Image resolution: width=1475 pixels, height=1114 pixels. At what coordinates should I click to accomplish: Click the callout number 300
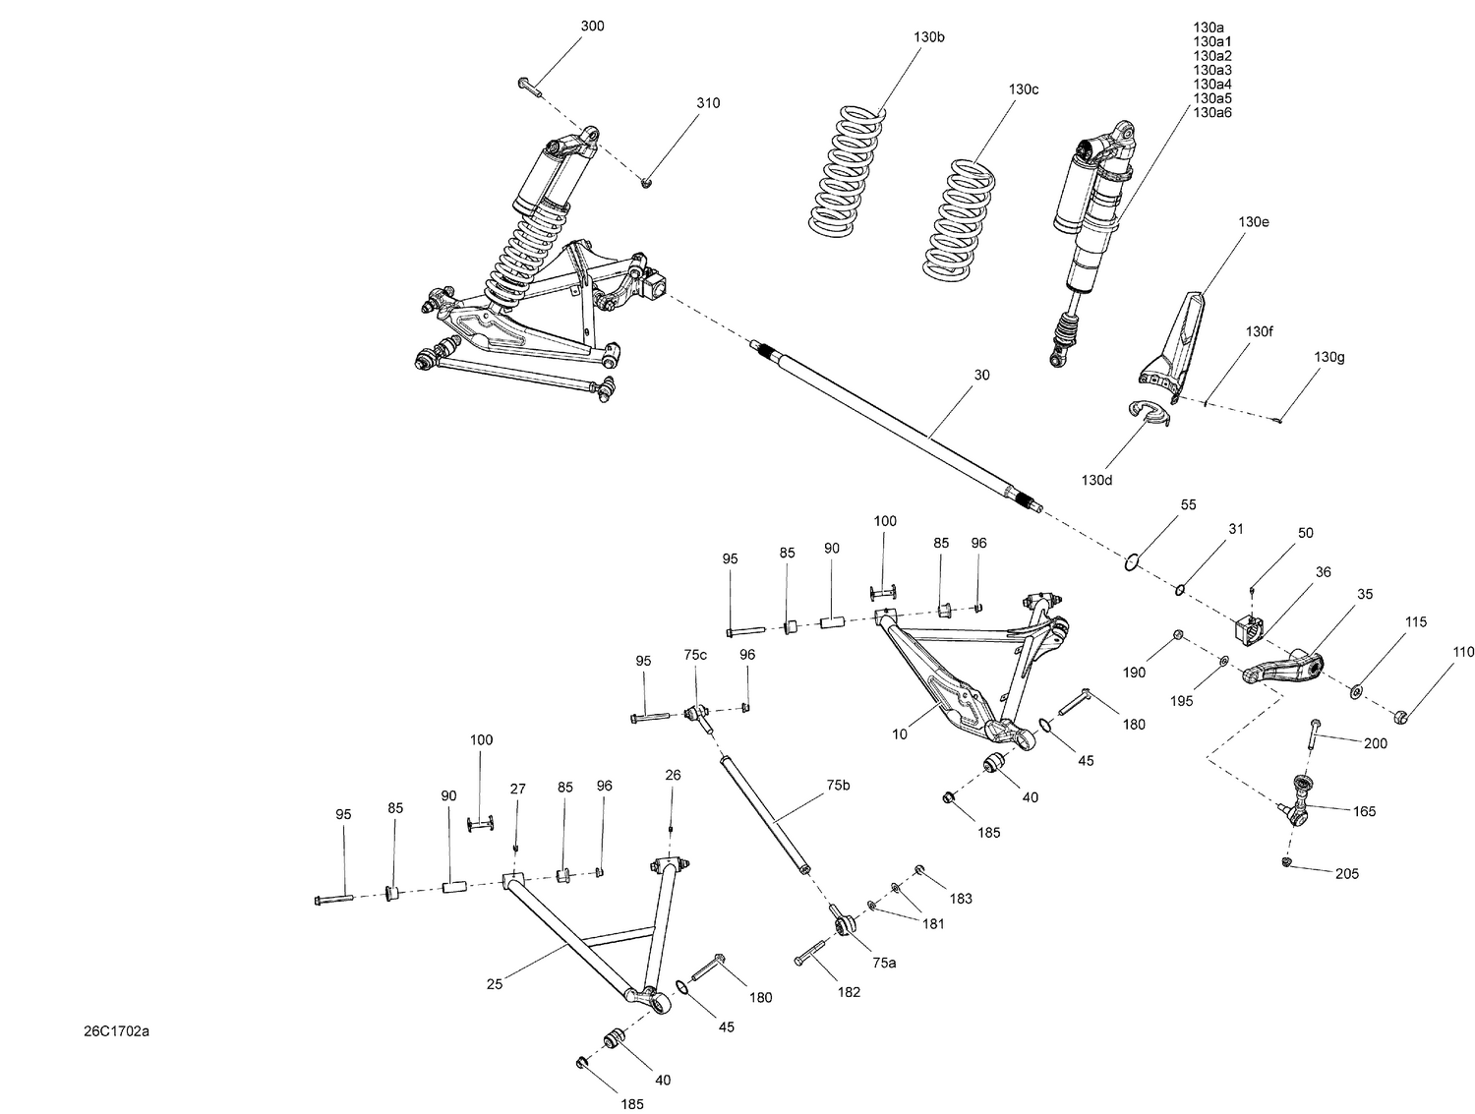pyautogui.click(x=592, y=27)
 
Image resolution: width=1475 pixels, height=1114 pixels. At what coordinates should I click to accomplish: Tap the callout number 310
pyautogui.click(x=708, y=103)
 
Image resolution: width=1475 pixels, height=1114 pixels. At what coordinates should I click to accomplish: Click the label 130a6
pyautogui.click(x=1211, y=112)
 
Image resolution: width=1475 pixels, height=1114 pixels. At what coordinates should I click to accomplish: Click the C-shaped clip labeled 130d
pyautogui.click(x=1150, y=415)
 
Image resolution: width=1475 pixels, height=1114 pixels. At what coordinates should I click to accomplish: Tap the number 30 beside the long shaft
pyautogui.click(x=981, y=376)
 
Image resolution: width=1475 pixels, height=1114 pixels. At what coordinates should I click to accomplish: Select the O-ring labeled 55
pyautogui.click(x=1133, y=562)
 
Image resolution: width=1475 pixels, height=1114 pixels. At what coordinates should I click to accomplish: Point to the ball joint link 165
pyautogui.click(x=1300, y=798)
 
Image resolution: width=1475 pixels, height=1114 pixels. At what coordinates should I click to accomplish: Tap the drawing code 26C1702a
pyautogui.click(x=116, y=1031)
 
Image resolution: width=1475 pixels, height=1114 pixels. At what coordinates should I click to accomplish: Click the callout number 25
pyautogui.click(x=495, y=983)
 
